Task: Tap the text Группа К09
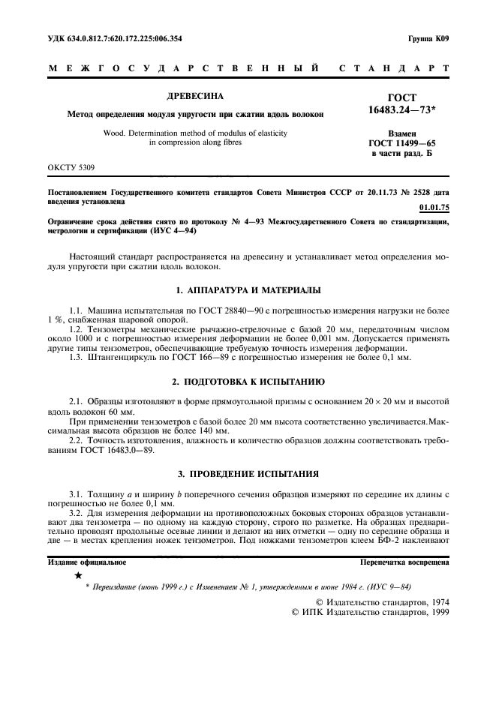click(428, 38)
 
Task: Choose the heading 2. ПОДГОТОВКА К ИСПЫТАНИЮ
click(248, 381)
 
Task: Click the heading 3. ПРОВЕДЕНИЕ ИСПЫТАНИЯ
click(248, 474)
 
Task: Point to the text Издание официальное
click(87, 562)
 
